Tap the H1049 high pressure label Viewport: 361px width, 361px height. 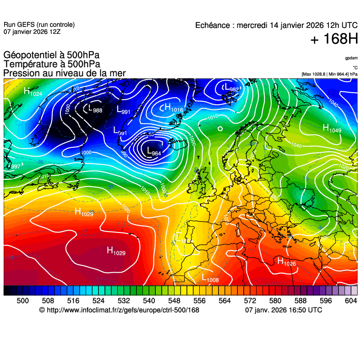tap(332, 129)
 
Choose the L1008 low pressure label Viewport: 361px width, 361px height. tap(210, 278)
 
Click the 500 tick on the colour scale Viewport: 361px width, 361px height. tap(23, 300)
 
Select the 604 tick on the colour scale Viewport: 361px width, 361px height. tap(351, 300)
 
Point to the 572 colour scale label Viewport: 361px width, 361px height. tap(250, 300)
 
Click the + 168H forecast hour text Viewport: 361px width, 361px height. tap(334, 40)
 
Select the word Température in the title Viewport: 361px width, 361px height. tap(28, 65)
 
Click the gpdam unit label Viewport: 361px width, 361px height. tap(351, 58)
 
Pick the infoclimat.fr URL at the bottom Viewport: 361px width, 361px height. tap(123, 310)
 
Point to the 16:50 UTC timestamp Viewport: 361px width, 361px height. tap(303, 310)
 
